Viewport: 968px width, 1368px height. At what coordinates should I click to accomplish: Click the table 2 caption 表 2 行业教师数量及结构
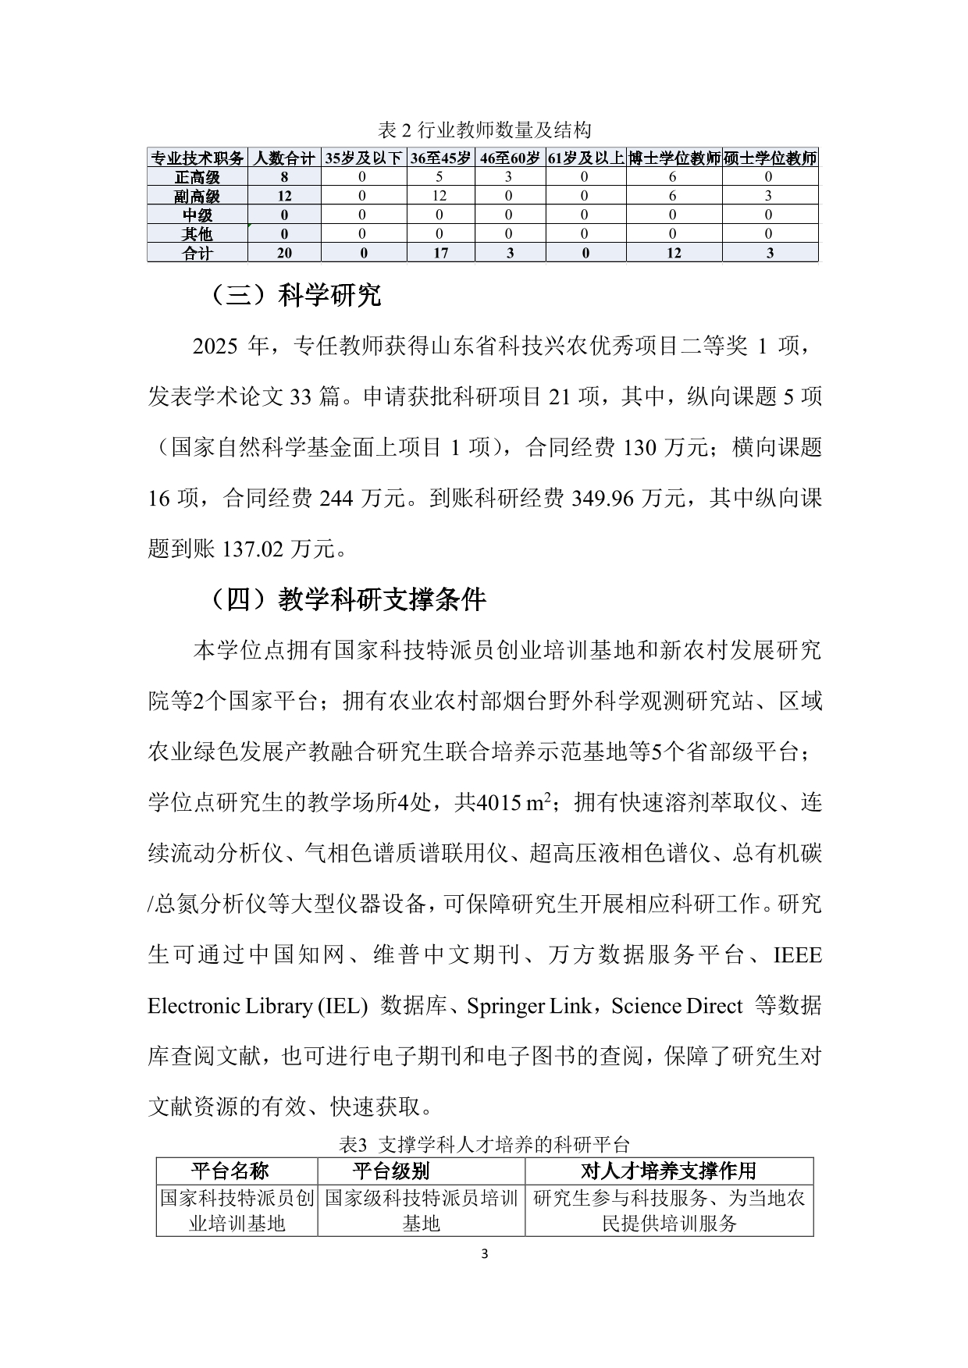coord(484,130)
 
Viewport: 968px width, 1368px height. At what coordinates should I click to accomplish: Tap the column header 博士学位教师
coord(674,158)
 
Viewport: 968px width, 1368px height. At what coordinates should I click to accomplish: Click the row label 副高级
coord(198,196)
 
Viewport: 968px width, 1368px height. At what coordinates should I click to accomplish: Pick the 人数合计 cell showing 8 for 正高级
coord(284,177)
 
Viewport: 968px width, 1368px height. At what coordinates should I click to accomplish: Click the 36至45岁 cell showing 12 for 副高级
coord(440,196)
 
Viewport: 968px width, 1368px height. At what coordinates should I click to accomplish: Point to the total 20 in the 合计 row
coord(284,253)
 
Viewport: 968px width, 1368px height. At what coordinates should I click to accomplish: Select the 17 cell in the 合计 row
coord(440,253)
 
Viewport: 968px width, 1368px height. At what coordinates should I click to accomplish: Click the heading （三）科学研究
coord(294,295)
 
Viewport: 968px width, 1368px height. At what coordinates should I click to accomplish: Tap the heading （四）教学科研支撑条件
coord(347,599)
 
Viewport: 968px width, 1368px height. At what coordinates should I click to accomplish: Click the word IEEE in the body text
coord(797,955)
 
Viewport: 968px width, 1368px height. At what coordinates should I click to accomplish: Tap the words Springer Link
coord(528,1007)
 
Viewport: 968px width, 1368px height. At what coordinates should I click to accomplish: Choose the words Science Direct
coord(676,1007)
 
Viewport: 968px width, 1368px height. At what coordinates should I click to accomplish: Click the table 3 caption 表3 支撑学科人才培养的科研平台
coord(484,1145)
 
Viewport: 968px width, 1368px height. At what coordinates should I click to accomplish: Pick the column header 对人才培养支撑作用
coord(669,1171)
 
